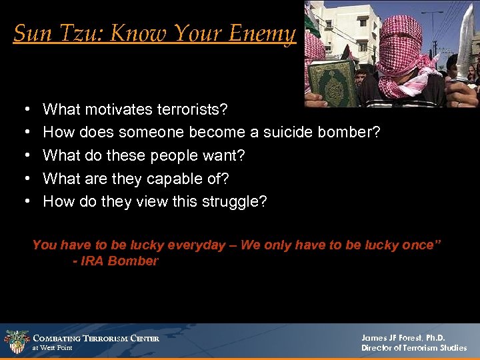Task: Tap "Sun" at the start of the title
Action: click(28, 33)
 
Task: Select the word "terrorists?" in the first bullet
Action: click(191, 109)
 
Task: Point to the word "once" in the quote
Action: click(417, 245)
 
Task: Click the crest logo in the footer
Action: click(16, 342)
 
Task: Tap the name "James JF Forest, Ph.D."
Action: click(403, 338)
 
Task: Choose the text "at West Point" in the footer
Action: click(53, 348)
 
